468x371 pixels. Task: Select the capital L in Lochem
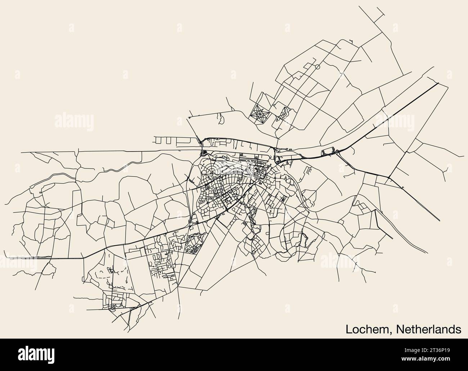[348, 329]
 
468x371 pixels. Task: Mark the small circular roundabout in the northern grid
[318, 67]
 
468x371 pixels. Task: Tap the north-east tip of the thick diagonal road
[438, 83]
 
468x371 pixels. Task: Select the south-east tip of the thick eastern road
[440, 221]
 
